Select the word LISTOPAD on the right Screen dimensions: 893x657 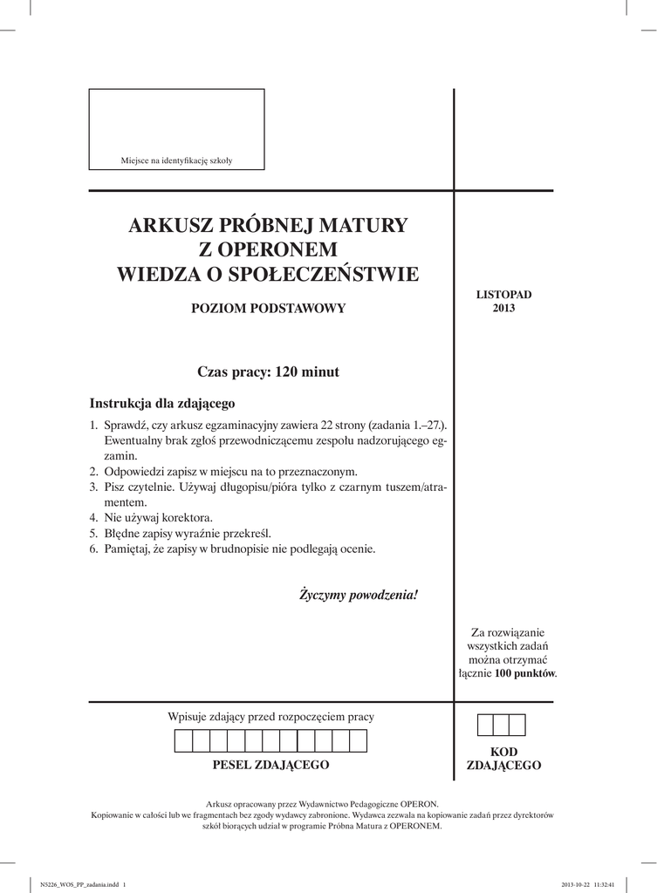pos(503,295)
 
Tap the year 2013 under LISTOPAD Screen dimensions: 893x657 pos(503,308)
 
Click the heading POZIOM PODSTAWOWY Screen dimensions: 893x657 pos(269,308)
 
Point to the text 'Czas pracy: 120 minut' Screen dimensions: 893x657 pos(268,372)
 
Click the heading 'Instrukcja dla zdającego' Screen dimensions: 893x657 pos(162,404)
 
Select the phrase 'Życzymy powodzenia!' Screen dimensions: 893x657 pos(359,596)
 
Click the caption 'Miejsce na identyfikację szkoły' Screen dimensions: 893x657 pos(176,160)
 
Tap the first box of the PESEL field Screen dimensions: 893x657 pos(183,741)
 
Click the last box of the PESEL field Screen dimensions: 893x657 pos(358,741)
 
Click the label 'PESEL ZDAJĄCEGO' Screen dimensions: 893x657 pos(270,765)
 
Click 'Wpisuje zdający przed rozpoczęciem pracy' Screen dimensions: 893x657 pos(270,717)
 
